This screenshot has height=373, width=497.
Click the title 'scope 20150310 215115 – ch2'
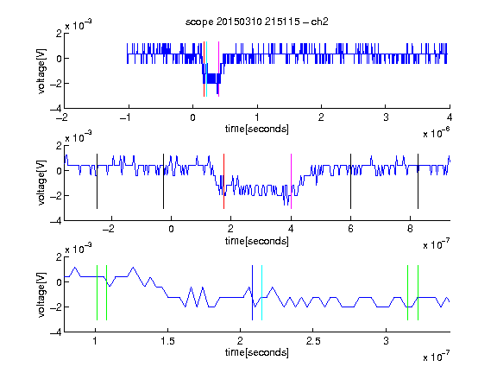257,22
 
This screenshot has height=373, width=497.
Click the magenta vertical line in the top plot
218,69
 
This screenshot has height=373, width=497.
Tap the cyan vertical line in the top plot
206,69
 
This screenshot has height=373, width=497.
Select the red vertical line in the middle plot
223,181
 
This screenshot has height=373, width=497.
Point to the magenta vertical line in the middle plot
291,181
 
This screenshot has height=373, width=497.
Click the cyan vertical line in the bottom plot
261,293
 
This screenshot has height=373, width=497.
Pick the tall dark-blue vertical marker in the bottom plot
252,293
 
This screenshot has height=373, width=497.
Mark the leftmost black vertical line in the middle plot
97,181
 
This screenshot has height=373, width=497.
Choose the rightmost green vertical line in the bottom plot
418,293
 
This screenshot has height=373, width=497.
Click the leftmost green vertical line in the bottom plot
97,293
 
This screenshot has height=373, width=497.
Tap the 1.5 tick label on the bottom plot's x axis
167,341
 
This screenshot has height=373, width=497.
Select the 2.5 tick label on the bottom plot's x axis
313,341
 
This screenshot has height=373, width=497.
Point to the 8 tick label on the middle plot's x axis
410,229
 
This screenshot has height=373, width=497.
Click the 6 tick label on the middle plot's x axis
350,229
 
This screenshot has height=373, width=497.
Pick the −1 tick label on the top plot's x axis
126,117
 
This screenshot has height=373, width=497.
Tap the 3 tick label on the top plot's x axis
386,117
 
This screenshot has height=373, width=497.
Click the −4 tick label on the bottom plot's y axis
56,332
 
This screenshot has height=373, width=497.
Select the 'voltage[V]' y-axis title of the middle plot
41,183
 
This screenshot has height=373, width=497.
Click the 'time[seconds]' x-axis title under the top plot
257,129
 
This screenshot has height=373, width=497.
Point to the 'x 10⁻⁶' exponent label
437,132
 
